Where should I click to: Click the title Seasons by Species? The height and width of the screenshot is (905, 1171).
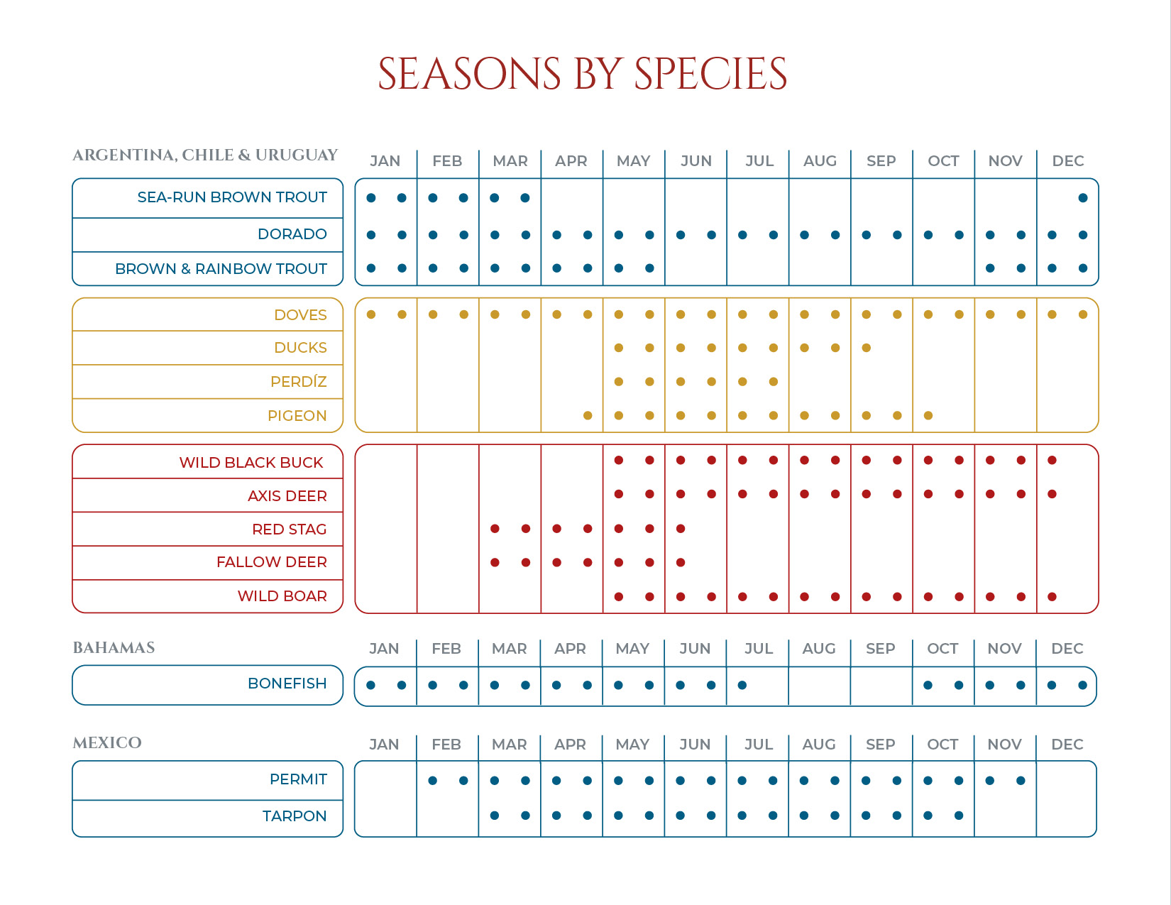(582, 74)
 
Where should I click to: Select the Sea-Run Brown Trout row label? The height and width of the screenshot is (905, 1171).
(232, 197)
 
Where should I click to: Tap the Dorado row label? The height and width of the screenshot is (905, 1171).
(292, 234)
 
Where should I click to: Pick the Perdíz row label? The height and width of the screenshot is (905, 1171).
(298, 382)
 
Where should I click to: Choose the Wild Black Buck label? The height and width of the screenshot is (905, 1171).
(251, 463)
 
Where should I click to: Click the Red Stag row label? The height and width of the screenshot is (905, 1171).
(289, 530)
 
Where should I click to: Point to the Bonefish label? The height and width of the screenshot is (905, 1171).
(287, 684)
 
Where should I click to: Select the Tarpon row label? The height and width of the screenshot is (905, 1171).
(294, 816)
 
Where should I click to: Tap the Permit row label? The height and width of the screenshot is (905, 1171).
(298, 779)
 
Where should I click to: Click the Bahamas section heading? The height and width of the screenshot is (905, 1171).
(114, 648)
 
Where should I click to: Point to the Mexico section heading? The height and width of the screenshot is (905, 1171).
(107, 743)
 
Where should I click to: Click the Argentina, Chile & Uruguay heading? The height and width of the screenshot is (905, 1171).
(205, 155)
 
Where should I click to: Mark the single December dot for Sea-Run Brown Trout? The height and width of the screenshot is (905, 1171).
(1083, 198)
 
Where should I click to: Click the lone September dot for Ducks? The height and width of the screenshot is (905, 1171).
(867, 348)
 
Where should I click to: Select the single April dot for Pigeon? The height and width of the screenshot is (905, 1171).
(588, 416)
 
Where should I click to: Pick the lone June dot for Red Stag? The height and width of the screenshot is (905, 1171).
(681, 529)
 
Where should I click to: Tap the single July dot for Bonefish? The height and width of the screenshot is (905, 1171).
(742, 686)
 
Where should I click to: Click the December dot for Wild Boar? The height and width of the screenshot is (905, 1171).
(1052, 597)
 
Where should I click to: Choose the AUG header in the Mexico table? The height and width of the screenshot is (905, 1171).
(819, 745)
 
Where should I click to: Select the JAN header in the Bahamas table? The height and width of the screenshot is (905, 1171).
(384, 649)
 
